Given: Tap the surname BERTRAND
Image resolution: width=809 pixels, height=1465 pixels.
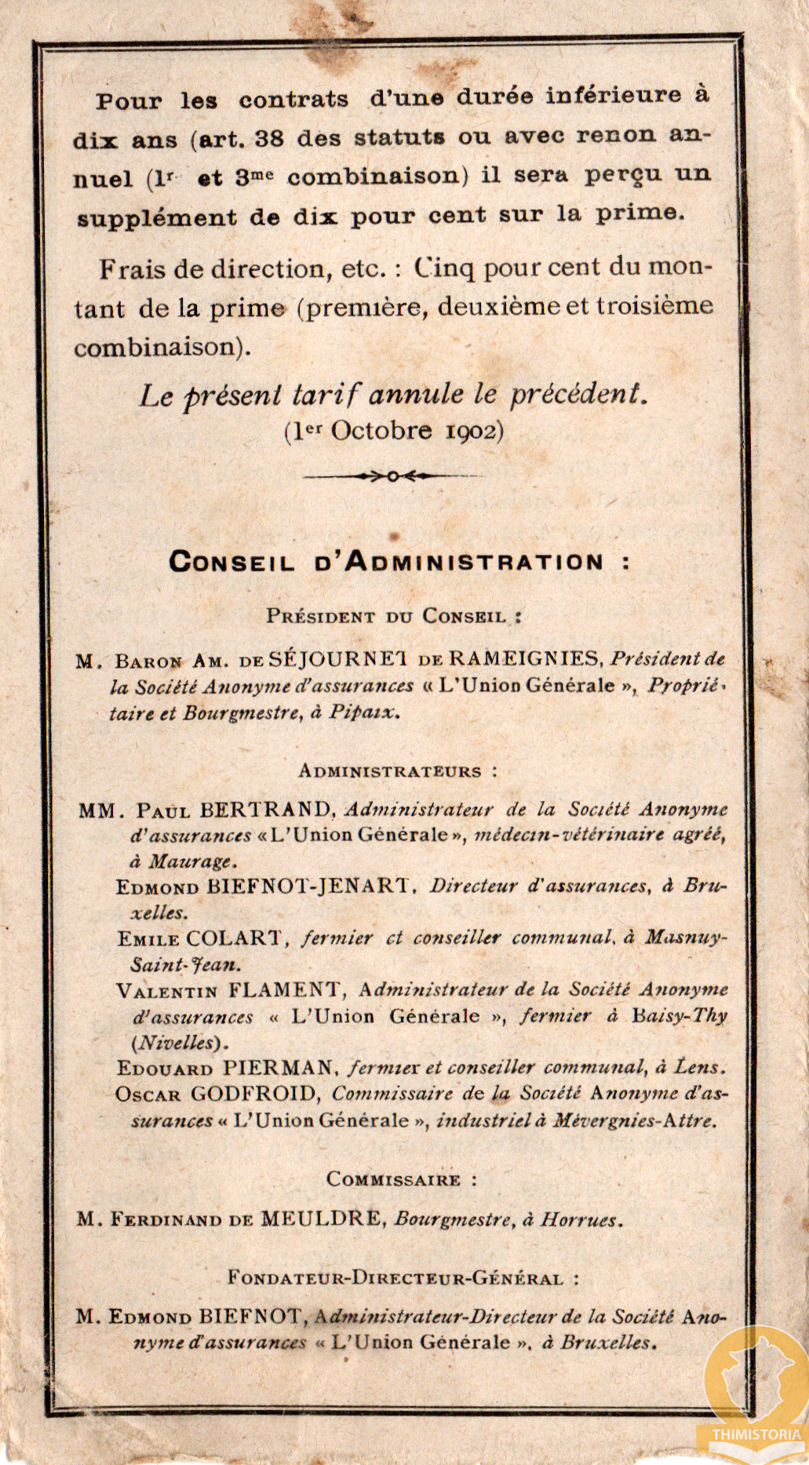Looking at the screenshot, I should pyautogui.click(x=267, y=809).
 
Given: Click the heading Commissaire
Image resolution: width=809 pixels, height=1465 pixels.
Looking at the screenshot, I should pyautogui.click(x=393, y=1179).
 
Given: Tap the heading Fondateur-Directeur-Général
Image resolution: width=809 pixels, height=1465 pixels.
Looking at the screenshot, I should pyautogui.click(x=395, y=1278).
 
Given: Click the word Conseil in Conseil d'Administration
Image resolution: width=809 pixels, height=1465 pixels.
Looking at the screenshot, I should pyautogui.click(x=231, y=563).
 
